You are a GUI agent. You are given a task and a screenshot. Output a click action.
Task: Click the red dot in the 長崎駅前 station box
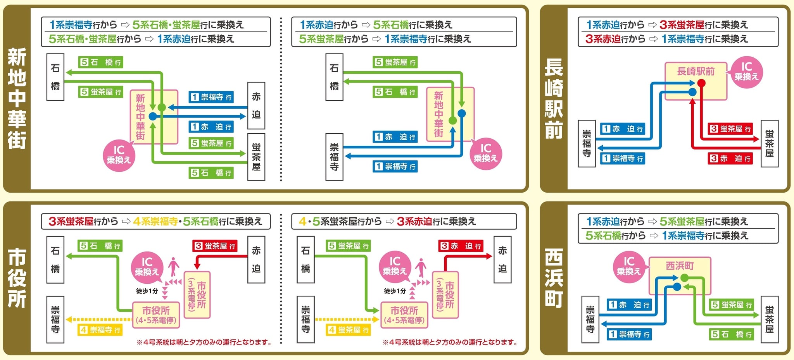[701, 83]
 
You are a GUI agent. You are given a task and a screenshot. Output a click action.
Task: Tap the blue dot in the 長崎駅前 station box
[692, 92]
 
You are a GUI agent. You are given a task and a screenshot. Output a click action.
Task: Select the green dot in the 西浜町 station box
[685, 277]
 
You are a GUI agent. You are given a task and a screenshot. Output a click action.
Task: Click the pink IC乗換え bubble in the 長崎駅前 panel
[746, 72]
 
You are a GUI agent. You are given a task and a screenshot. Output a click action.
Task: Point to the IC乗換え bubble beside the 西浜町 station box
[629, 266]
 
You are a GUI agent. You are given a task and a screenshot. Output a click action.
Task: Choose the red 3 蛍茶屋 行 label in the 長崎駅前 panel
[730, 129]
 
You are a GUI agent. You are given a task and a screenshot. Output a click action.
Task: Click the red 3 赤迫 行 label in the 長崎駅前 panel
[730, 158]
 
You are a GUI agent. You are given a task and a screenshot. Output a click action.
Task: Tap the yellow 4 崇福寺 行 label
[100, 330]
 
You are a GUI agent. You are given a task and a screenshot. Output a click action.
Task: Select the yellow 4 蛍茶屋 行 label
[348, 330]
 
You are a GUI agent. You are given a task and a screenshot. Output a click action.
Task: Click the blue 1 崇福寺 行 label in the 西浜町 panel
[629, 334]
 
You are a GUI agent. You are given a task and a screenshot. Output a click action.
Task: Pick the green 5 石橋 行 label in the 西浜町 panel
[732, 334]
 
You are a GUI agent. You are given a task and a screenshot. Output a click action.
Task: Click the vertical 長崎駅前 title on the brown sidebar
[554, 98]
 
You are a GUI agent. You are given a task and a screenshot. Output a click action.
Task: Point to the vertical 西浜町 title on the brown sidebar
[554, 278]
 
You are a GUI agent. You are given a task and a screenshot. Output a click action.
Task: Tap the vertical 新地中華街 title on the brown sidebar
[17, 98]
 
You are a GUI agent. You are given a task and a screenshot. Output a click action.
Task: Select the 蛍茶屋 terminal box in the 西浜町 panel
[770, 319]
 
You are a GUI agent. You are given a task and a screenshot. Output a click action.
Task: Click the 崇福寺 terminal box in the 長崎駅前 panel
[587, 144]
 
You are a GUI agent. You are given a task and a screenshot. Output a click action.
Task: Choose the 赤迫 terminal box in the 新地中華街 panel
[256, 105]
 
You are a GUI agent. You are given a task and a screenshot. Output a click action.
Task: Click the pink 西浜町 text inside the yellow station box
[680, 266]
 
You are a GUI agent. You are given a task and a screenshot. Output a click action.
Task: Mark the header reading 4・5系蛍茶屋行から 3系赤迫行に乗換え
[404, 221]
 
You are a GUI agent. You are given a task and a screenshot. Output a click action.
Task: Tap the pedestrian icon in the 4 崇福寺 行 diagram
[174, 267]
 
